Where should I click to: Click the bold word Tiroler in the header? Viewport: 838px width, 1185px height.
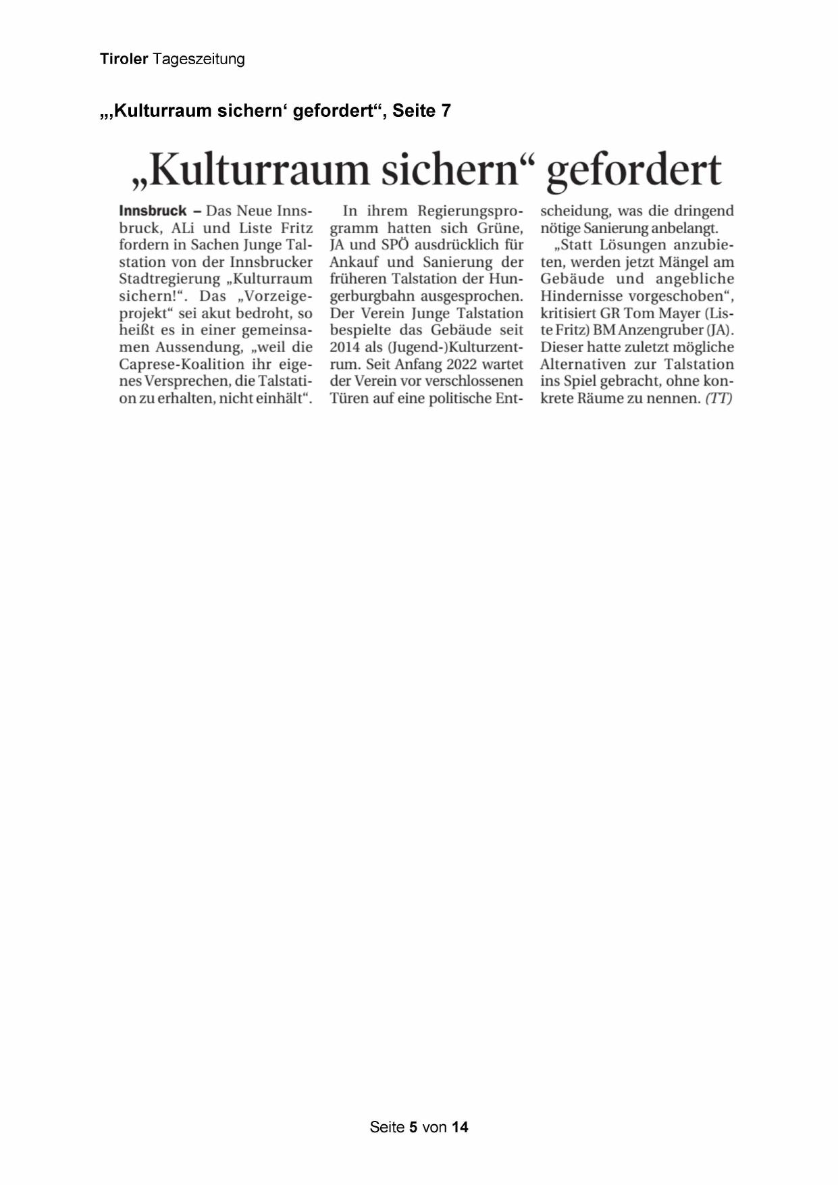coord(124,59)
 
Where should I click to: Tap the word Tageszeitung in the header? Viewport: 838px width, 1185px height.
coord(199,59)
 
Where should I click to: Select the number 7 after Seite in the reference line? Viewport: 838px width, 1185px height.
coord(446,110)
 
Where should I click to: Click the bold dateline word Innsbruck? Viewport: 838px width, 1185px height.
coord(153,211)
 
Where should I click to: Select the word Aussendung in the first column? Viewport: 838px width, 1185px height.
coord(199,347)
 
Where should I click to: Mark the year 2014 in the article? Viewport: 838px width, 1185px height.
coord(344,347)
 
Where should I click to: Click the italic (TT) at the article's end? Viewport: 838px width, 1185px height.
coord(718,398)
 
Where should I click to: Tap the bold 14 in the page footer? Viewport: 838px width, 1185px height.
coord(460,1127)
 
